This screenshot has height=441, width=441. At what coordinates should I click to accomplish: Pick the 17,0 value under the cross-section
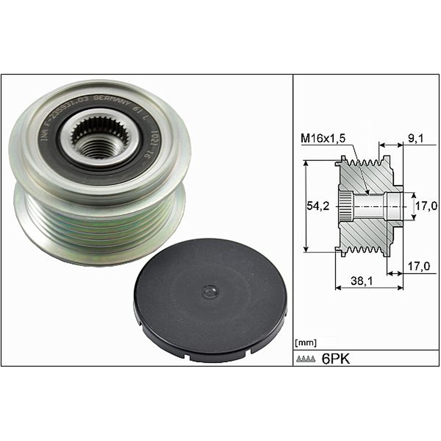[x=419, y=266]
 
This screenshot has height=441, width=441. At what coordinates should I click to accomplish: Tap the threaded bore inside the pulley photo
[x=98, y=146]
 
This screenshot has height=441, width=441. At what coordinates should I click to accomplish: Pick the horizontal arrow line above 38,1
[x=370, y=288]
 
